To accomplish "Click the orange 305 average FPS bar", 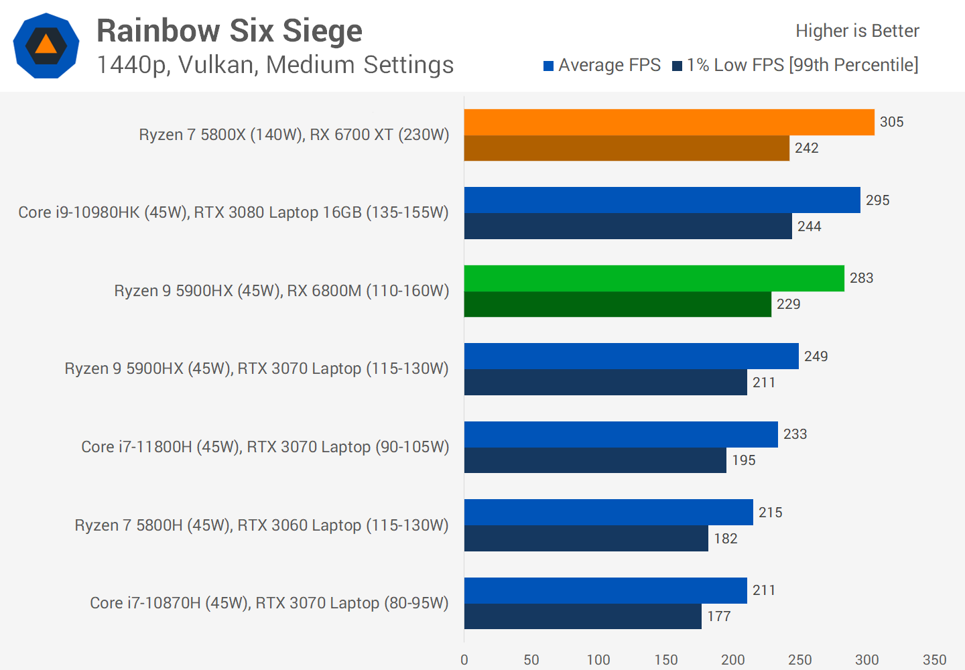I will click(x=669, y=122).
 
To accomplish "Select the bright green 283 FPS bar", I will click(x=654, y=278).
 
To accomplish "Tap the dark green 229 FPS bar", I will click(x=617, y=304).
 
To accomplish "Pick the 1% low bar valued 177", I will click(x=582, y=616).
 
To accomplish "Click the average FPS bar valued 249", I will click(x=631, y=356).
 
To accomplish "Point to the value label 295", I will click(x=877, y=200).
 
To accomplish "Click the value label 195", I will click(x=743, y=460).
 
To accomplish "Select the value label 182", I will click(x=725, y=539).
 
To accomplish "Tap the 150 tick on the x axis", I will click(x=666, y=660).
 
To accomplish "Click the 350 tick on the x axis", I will click(x=934, y=660).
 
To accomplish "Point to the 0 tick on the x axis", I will click(x=464, y=660).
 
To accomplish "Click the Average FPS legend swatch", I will click(x=548, y=66).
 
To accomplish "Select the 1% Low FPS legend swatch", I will click(x=677, y=66).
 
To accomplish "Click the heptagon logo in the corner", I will click(x=46, y=46).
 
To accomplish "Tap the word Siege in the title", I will click(x=322, y=31).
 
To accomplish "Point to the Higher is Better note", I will click(x=857, y=31).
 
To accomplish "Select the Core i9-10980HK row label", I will click(x=233, y=212).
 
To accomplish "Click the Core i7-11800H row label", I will click(x=265, y=447).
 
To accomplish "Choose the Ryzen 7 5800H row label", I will click(x=261, y=525).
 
